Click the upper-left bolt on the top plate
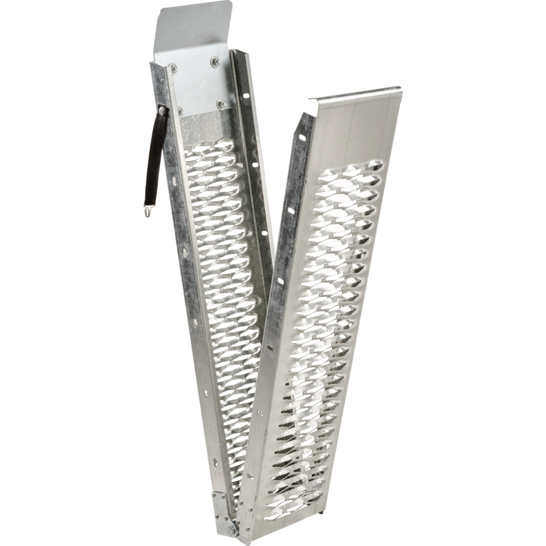[173, 69]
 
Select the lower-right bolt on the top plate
[222, 104]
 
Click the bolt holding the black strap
[162, 111]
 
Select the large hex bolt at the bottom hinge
[232, 529]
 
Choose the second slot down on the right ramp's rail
[291, 211]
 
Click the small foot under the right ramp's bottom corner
[326, 513]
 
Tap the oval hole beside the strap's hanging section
[174, 180]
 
